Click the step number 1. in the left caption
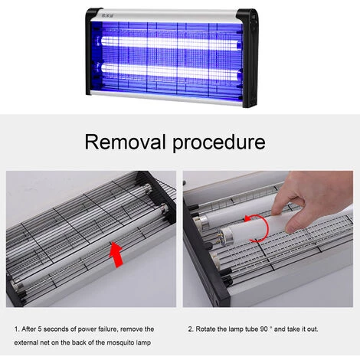point(17,328)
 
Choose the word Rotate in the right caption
point(210,328)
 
